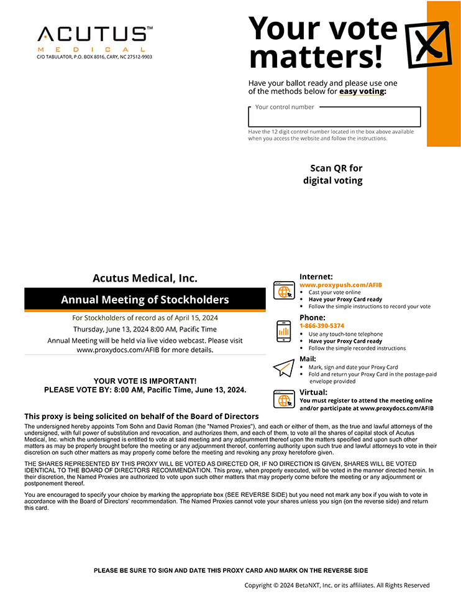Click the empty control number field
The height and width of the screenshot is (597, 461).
pyautogui.click(x=334, y=118)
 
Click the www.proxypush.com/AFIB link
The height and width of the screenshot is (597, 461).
pyautogui.click(x=340, y=285)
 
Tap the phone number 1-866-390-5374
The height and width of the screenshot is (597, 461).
pyautogui.click(x=322, y=326)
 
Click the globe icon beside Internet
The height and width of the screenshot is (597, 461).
pyautogui.click(x=284, y=290)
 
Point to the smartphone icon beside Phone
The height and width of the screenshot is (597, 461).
pyautogui.click(x=283, y=331)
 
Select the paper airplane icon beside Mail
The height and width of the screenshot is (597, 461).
pyautogui.click(x=283, y=368)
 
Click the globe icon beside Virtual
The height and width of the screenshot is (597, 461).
pyautogui.click(x=284, y=399)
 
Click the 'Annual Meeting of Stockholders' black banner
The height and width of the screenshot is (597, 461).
pyautogui.click(x=145, y=300)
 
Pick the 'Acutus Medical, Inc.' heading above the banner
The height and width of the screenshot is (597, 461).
pyautogui.click(x=145, y=278)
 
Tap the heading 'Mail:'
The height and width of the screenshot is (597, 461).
pyautogui.click(x=308, y=359)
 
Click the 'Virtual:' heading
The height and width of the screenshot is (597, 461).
pyautogui.click(x=313, y=392)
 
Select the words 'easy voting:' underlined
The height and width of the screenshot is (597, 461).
pyautogui.click(x=362, y=91)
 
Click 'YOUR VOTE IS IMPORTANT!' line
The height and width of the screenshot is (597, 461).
pyautogui.click(x=145, y=381)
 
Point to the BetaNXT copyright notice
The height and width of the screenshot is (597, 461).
pyautogui.click(x=337, y=585)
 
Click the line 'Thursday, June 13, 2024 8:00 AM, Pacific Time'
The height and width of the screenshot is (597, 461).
pyautogui.click(x=145, y=329)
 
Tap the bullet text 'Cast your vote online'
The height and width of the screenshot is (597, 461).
pyautogui.click(x=334, y=292)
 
